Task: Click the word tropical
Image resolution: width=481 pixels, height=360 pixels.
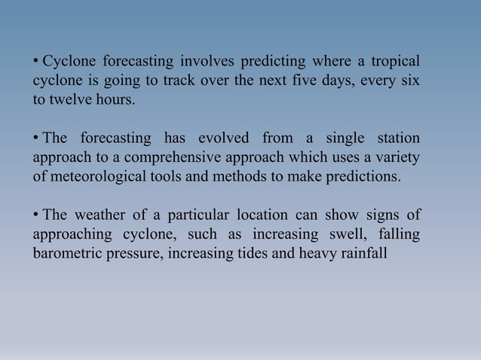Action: (394, 61)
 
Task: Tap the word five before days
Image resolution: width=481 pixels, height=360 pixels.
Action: (307, 81)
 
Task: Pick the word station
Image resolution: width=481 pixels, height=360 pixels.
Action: (395, 139)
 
